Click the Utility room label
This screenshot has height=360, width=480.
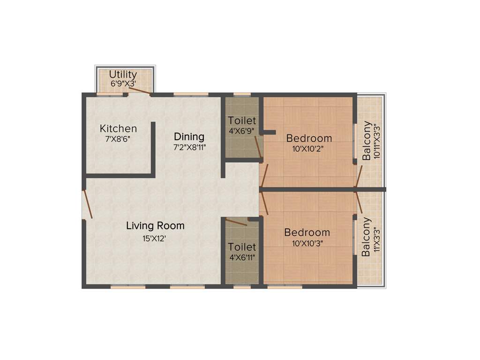click(x=123, y=75)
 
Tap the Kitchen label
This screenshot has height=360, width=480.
click(x=118, y=128)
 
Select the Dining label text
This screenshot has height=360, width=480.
click(x=189, y=137)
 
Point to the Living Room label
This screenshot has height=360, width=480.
click(x=155, y=225)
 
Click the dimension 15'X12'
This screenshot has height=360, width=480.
click(x=155, y=238)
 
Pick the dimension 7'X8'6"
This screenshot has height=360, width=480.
click(x=118, y=139)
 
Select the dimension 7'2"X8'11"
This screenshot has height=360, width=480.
click(x=189, y=147)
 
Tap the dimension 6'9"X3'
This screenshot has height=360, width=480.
click(x=123, y=84)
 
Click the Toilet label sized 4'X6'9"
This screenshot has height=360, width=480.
click(x=242, y=121)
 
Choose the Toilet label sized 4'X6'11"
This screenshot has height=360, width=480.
click(x=242, y=247)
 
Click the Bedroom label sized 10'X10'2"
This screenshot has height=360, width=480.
click(x=309, y=138)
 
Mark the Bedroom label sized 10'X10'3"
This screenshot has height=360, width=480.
click(x=307, y=232)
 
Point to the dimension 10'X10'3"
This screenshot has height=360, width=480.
click(x=307, y=243)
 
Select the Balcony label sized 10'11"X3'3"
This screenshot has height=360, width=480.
click(x=367, y=141)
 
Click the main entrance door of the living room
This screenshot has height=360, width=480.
click(x=87, y=204)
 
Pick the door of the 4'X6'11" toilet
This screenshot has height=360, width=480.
click(x=236, y=222)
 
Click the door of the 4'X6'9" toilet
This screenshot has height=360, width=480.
click(x=258, y=147)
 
